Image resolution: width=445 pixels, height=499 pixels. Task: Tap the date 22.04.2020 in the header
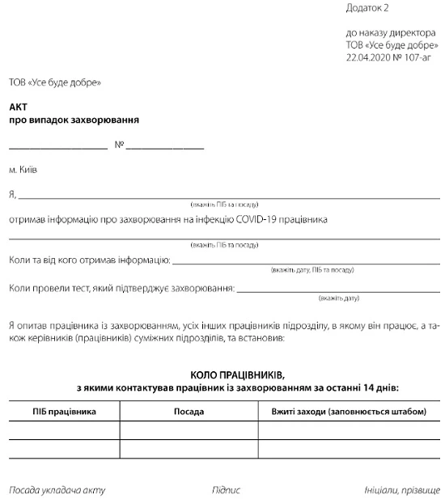click(x=366, y=58)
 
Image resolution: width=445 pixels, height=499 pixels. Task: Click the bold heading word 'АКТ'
click(x=18, y=107)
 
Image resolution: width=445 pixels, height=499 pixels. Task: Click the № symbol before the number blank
click(x=119, y=146)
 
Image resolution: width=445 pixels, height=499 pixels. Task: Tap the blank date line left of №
click(x=58, y=148)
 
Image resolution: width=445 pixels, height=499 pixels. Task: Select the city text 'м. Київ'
click(x=23, y=171)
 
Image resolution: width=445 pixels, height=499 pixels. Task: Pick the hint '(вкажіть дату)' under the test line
click(x=338, y=298)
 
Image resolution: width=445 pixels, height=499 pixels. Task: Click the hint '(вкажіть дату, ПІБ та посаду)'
click(x=311, y=269)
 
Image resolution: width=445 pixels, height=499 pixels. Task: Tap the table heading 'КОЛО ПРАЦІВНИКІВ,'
click(x=237, y=375)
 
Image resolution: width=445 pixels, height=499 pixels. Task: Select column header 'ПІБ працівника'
click(x=65, y=412)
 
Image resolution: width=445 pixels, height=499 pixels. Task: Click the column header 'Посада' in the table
click(x=189, y=412)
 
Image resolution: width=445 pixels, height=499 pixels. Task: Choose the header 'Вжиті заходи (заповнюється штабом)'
click(x=349, y=412)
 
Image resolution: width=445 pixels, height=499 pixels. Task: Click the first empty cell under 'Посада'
click(x=189, y=430)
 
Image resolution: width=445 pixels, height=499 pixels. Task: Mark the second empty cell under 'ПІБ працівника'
click(x=65, y=449)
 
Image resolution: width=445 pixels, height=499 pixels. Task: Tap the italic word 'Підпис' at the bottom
click(x=226, y=490)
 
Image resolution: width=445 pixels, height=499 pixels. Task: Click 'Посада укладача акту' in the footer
click(x=57, y=490)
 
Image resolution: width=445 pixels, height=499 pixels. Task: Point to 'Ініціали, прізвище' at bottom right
click(x=402, y=490)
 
